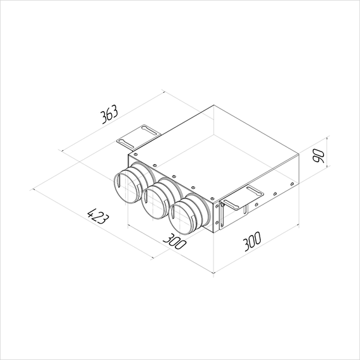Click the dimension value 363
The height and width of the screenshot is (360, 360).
click(110, 115)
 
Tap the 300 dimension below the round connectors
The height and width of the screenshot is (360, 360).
click(174, 241)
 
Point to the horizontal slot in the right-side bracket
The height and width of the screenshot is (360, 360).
click(255, 190)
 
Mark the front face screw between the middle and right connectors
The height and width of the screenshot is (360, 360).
click(190, 187)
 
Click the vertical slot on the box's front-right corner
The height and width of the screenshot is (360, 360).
click(222, 213)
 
